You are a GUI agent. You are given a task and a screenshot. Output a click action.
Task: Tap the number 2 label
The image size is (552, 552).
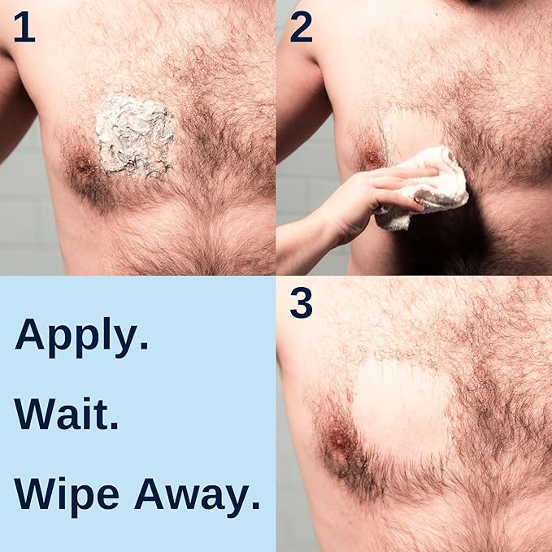[301, 28]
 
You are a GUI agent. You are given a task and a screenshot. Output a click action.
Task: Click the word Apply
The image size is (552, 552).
[81, 335]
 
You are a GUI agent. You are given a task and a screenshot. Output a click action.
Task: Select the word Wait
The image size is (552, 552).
[67, 415]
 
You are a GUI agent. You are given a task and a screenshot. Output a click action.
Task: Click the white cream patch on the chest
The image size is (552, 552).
[135, 136]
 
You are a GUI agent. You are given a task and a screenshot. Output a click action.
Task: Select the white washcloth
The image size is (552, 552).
[427, 189]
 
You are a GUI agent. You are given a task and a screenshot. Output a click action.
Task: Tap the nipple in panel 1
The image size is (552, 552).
[84, 167]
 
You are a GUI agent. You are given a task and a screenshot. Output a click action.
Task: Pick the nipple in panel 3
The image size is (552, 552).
[339, 443]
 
